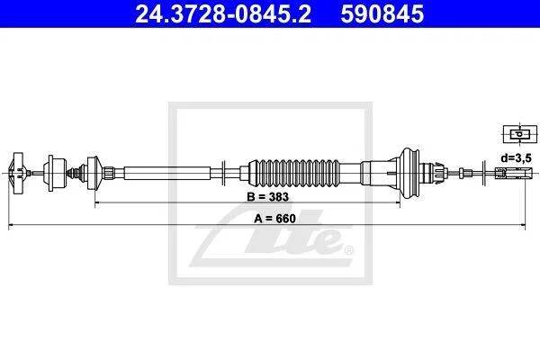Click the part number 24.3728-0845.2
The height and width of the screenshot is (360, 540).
(223, 14)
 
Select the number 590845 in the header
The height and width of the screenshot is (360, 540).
(382, 14)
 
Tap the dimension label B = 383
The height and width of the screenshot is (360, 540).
(267, 197)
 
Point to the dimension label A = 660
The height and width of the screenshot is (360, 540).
(274, 219)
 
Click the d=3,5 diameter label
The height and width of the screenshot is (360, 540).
(516, 158)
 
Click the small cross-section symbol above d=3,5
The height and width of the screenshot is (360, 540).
(520, 134)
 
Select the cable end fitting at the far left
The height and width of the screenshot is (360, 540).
(18, 173)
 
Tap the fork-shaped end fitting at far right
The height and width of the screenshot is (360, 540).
(514, 172)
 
